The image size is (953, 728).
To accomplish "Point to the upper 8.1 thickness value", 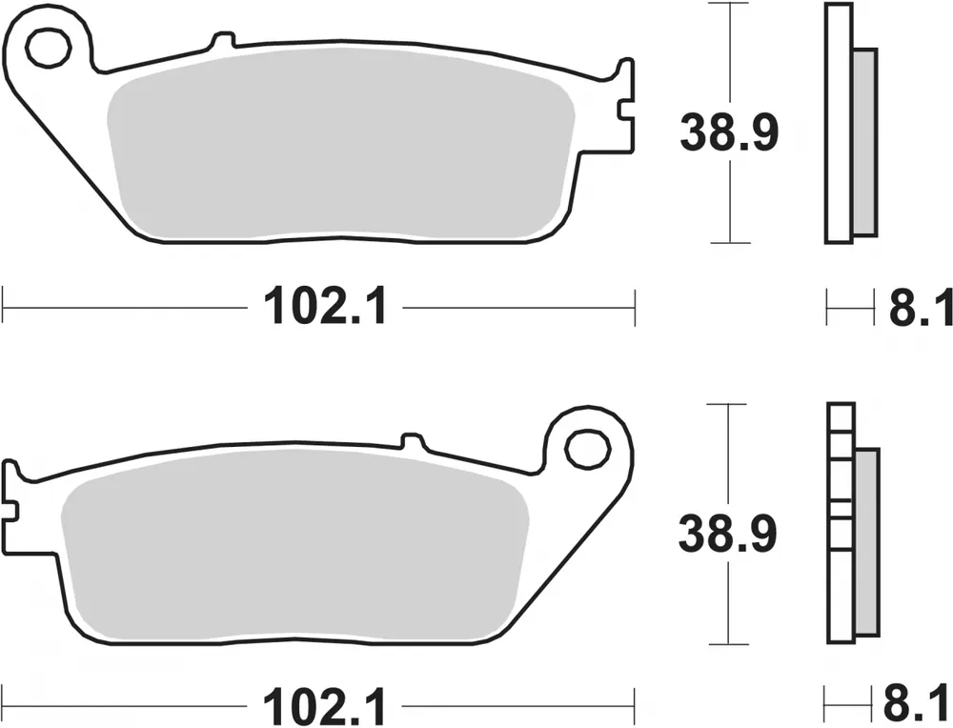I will tap(920, 308).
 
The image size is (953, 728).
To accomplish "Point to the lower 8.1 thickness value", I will tap(920, 708).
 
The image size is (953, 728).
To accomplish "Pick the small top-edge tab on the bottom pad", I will tap(412, 440).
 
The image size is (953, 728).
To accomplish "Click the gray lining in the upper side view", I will tap(863, 143).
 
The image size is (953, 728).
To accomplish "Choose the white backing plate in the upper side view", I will tap(837, 124).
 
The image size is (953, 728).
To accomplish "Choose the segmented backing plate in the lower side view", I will tap(839, 524).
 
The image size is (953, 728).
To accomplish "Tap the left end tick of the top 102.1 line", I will tap(5, 308).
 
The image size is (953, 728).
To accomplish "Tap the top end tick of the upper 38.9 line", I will tap(729, 5).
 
